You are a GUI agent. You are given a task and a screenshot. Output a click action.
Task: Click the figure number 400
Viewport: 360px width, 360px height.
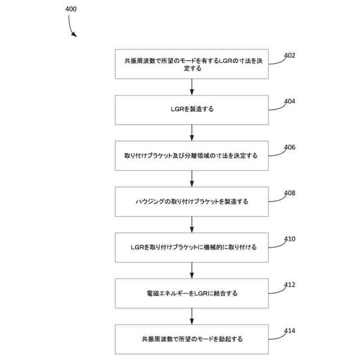[71, 9]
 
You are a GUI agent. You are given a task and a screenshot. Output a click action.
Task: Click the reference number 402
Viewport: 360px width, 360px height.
[290, 56]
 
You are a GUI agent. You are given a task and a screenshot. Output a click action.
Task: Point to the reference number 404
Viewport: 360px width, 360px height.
[290, 102]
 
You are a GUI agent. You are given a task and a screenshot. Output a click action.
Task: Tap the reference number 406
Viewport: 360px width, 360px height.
[290, 147]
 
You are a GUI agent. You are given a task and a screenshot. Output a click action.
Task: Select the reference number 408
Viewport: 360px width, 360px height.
[290, 193]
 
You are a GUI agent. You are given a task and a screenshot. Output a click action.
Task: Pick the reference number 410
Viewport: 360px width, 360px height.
[290, 239]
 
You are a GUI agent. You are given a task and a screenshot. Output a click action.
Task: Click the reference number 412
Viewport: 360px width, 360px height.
[290, 285]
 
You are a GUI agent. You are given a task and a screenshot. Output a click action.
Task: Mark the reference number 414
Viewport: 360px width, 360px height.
[290, 331]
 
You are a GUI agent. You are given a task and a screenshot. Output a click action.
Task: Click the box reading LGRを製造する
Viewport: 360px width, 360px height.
[192, 110]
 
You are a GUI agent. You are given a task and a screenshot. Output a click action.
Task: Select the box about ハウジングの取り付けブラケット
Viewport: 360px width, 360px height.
[192, 201]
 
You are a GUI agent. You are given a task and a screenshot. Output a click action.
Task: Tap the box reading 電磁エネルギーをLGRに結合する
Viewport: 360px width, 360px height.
[192, 293]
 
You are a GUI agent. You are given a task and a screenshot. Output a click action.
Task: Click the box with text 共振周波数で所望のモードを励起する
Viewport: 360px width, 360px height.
[192, 339]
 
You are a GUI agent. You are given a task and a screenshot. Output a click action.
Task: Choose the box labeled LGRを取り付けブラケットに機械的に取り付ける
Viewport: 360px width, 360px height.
[192, 247]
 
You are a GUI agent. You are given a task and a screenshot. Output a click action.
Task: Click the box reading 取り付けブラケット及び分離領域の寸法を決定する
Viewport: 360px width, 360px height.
[192, 156]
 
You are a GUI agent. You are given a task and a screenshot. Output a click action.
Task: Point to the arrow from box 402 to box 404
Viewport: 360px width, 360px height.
[192, 87]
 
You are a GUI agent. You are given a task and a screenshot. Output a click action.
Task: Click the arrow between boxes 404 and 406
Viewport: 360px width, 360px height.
[192, 133]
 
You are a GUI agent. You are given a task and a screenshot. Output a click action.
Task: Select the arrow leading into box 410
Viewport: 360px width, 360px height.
[192, 224]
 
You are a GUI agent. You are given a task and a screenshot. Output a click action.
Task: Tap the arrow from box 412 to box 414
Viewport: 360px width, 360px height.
[192, 316]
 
